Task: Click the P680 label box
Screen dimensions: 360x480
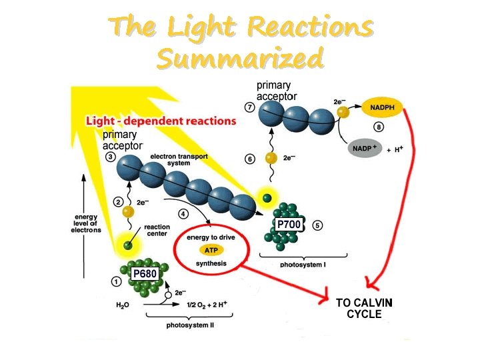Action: coord(144,273)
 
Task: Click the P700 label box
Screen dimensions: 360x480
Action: coord(289,225)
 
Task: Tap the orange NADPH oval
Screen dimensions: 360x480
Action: coord(382,106)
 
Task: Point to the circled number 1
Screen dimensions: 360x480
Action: coord(116,281)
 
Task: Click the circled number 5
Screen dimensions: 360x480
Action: coord(318,225)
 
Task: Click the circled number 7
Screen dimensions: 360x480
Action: coord(249,107)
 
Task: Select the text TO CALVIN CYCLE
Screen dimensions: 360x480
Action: coord(364,308)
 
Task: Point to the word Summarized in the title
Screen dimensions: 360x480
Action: coord(240,59)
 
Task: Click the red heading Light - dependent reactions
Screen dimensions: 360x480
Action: coord(161,121)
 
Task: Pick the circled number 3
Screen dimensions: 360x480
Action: coord(111,157)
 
